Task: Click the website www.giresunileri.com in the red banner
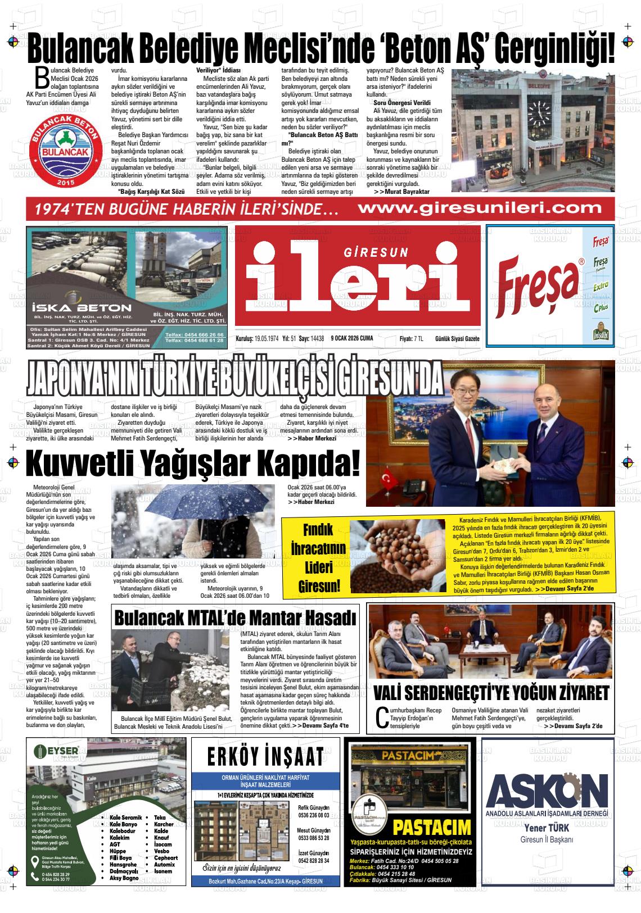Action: coord(480,208)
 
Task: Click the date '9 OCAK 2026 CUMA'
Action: coord(352,338)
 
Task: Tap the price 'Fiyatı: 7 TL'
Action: coord(411,338)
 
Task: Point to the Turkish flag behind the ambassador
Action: coord(387,480)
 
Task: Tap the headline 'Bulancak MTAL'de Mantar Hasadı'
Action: coord(235,617)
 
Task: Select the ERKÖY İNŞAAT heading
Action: coord(265,757)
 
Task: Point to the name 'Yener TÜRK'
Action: coord(547,827)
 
